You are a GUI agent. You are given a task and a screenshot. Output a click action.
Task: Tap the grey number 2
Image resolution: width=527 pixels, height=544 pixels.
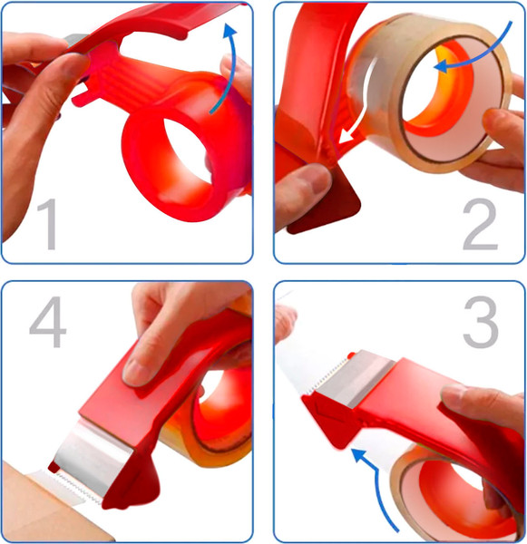(x=481, y=224)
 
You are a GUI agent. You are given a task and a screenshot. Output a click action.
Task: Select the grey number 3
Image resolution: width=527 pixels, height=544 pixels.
(x=481, y=322)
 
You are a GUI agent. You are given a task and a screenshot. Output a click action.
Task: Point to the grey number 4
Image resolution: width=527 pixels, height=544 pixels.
(x=48, y=322)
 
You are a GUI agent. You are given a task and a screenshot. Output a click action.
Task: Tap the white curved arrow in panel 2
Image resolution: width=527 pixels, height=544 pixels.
(x=362, y=104)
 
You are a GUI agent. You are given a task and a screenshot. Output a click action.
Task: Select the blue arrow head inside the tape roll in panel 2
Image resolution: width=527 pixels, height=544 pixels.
(x=443, y=65)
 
